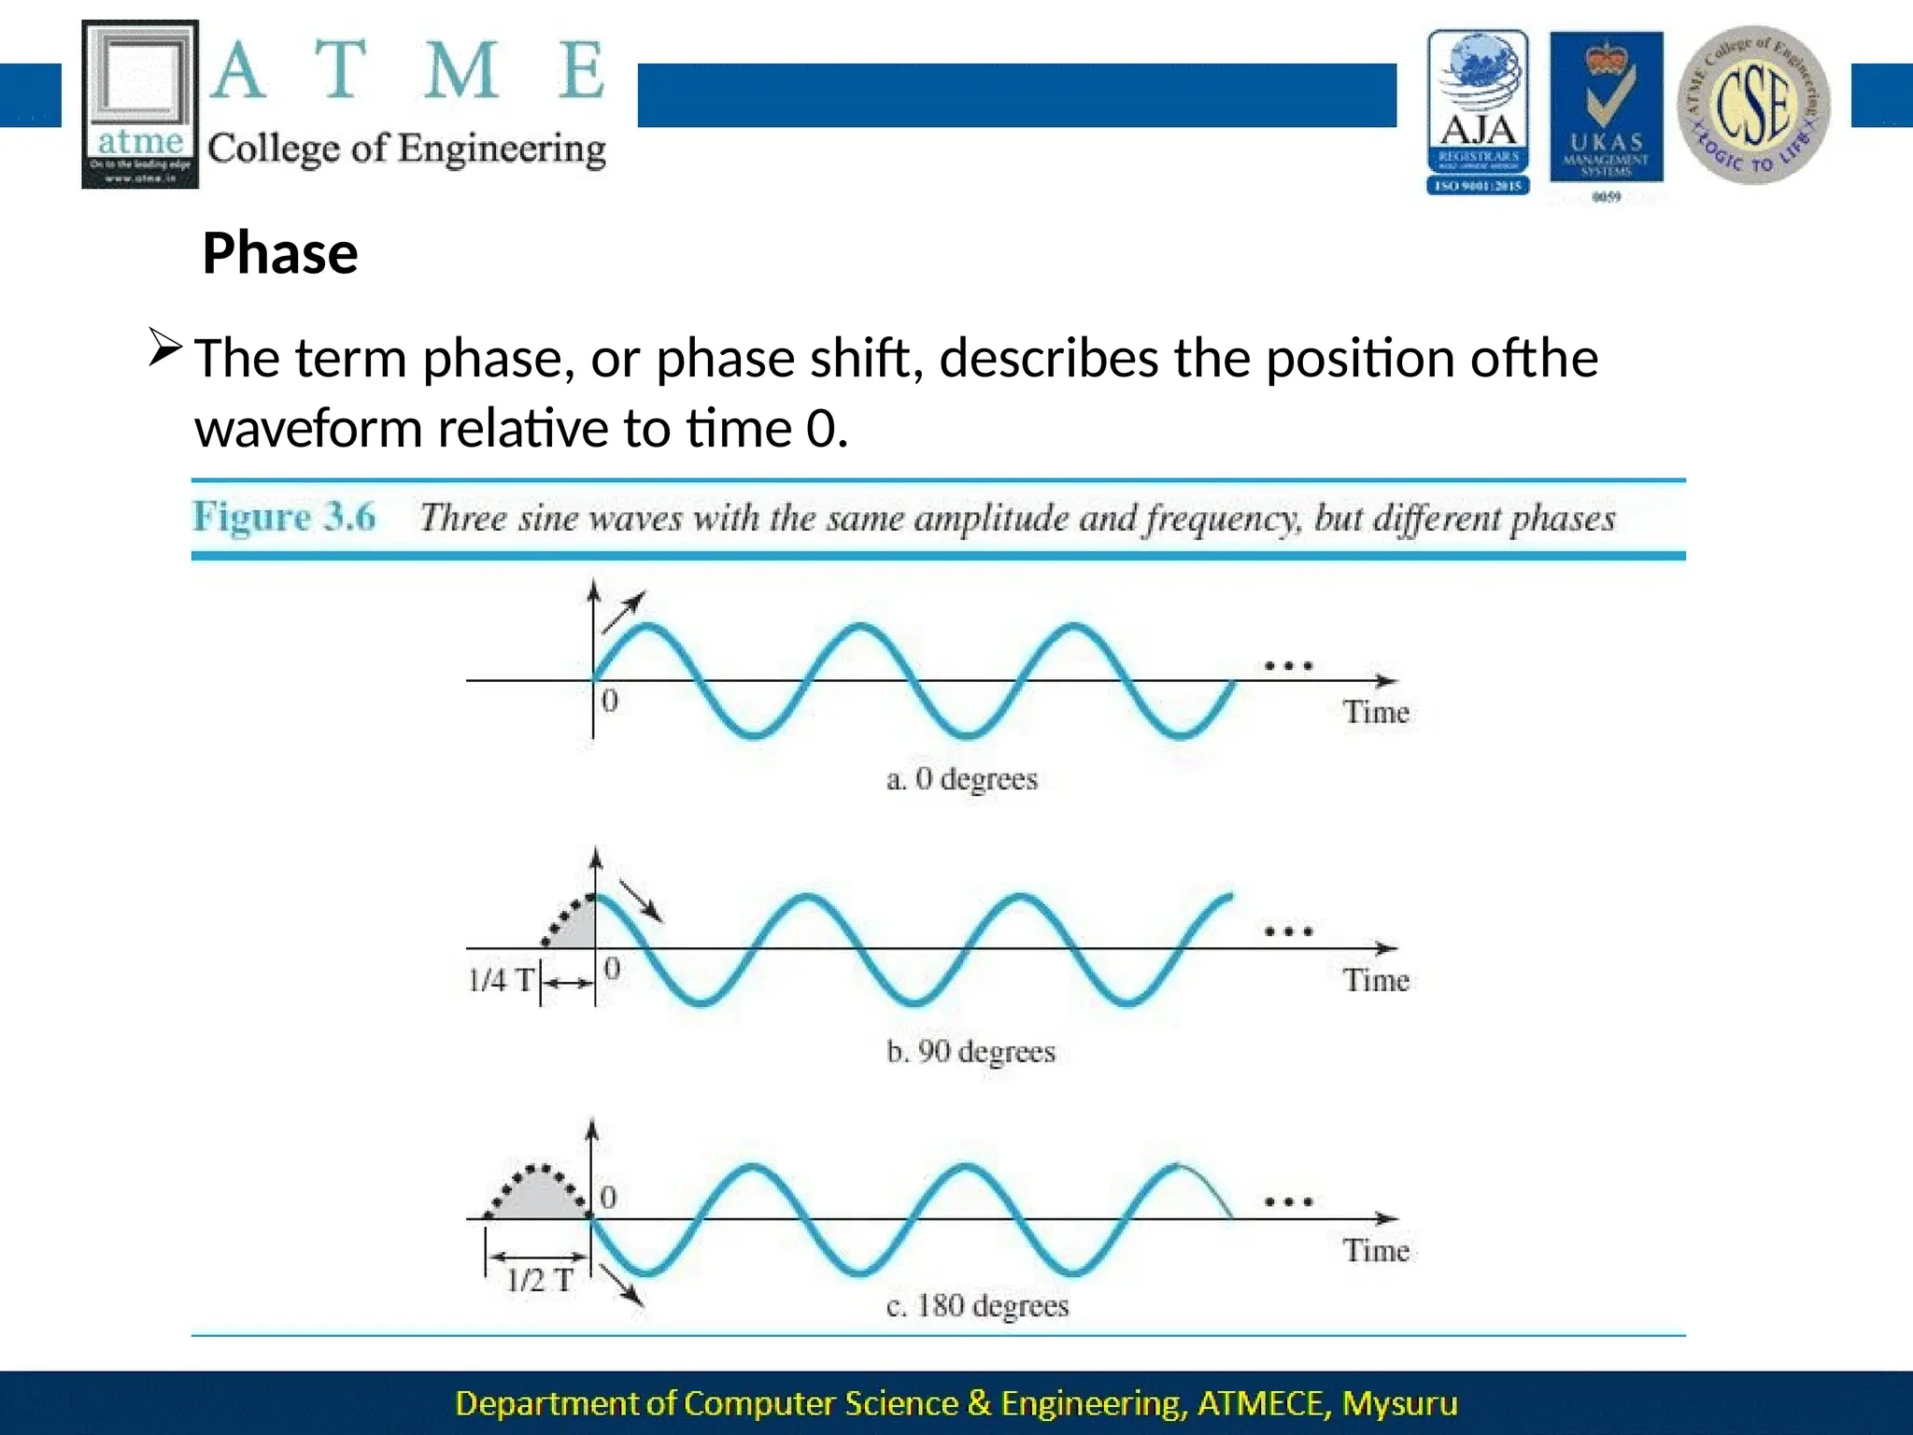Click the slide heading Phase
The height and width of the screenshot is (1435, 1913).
point(279,253)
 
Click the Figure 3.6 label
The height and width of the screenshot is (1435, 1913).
point(284,517)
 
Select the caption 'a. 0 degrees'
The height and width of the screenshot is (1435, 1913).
point(961,778)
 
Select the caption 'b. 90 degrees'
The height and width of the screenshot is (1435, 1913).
point(970,1051)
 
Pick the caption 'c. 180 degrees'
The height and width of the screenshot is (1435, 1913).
point(976,1305)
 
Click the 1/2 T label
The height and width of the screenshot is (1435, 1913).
point(539,1280)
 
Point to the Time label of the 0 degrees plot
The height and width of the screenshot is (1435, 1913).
point(1375,712)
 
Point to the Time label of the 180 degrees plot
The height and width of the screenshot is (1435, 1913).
point(1375,1250)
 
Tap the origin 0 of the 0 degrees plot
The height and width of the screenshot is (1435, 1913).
point(609,701)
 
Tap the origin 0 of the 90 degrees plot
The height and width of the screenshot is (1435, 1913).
point(612,968)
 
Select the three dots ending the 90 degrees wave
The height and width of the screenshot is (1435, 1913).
point(1288,931)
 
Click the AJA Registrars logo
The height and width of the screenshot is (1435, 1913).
point(1477,112)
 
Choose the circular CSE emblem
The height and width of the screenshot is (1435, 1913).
point(1753,105)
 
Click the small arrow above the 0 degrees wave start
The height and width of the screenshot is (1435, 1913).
point(623,612)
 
